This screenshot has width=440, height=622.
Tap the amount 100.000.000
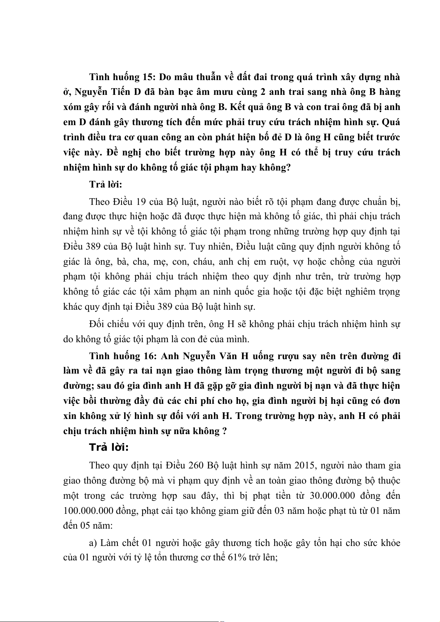pyautogui.click(x=88, y=511)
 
